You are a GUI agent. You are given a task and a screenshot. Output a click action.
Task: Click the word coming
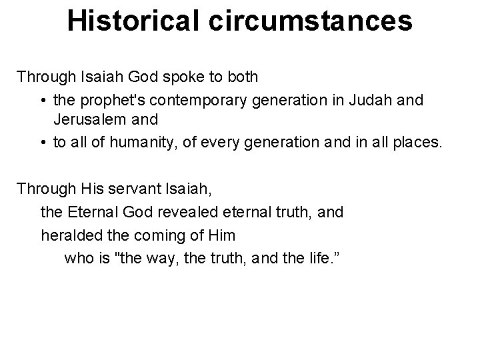click(149, 235)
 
